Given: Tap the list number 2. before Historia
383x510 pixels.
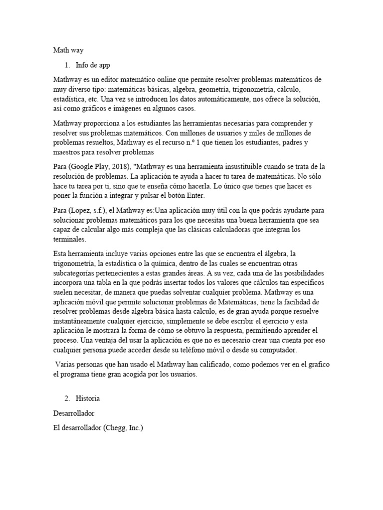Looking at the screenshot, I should point(68,399).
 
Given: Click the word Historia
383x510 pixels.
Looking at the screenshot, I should point(88,399).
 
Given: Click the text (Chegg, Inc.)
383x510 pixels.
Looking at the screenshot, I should point(123,427).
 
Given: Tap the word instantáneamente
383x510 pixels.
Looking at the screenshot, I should point(84,321).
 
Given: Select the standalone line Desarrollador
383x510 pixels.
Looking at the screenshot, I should point(74,413).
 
